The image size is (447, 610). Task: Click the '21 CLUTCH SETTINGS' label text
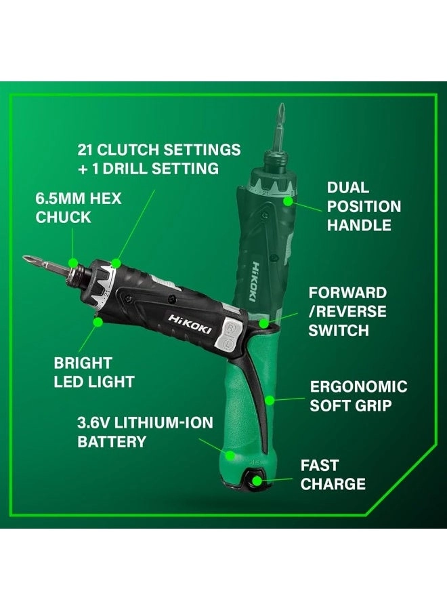pyautogui.click(x=158, y=148)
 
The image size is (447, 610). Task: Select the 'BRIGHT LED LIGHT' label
pyautogui.click(x=93, y=372)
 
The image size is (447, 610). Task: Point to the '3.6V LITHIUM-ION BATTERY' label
pyautogui.click(x=144, y=432)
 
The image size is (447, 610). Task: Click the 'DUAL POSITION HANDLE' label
pyautogui.click(x=364, y=206)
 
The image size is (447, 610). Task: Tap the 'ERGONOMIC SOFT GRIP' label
pyautogui.click(x=358, y=396)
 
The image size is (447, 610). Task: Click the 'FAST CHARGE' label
pyautogui.click(x=333, y=474)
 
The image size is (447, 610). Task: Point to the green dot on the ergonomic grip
pyautogui.click(x=269, y=400)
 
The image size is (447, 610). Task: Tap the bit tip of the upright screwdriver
pyautogui.click(x=280, y=110)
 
